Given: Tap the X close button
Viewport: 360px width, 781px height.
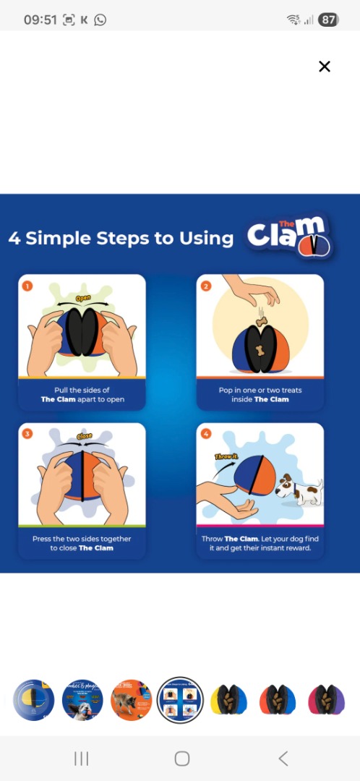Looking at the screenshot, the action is pos(324,67).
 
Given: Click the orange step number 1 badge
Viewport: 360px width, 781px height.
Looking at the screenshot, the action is pos(27,286).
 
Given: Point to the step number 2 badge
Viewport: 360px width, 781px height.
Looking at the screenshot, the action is pos(205,286).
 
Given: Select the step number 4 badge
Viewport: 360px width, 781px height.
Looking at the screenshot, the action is pos(205,434).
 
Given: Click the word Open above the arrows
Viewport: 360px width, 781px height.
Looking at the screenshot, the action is pos(83,298).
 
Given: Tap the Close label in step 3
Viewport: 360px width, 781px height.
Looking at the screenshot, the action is pos(84,436).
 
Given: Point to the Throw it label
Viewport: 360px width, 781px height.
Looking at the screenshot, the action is pos(225,456).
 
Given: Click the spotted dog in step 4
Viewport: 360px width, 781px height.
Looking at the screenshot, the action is pos(299,490).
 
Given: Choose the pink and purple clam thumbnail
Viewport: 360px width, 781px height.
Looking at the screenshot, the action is pos(326,700).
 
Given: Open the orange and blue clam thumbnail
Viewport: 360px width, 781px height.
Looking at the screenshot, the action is pos(278,700).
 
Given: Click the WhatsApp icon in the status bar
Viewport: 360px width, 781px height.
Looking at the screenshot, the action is pos(100,20).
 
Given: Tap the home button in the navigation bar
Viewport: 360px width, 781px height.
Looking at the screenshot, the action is pos(181,759).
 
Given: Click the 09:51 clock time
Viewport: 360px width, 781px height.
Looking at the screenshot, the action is pos(40,20).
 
